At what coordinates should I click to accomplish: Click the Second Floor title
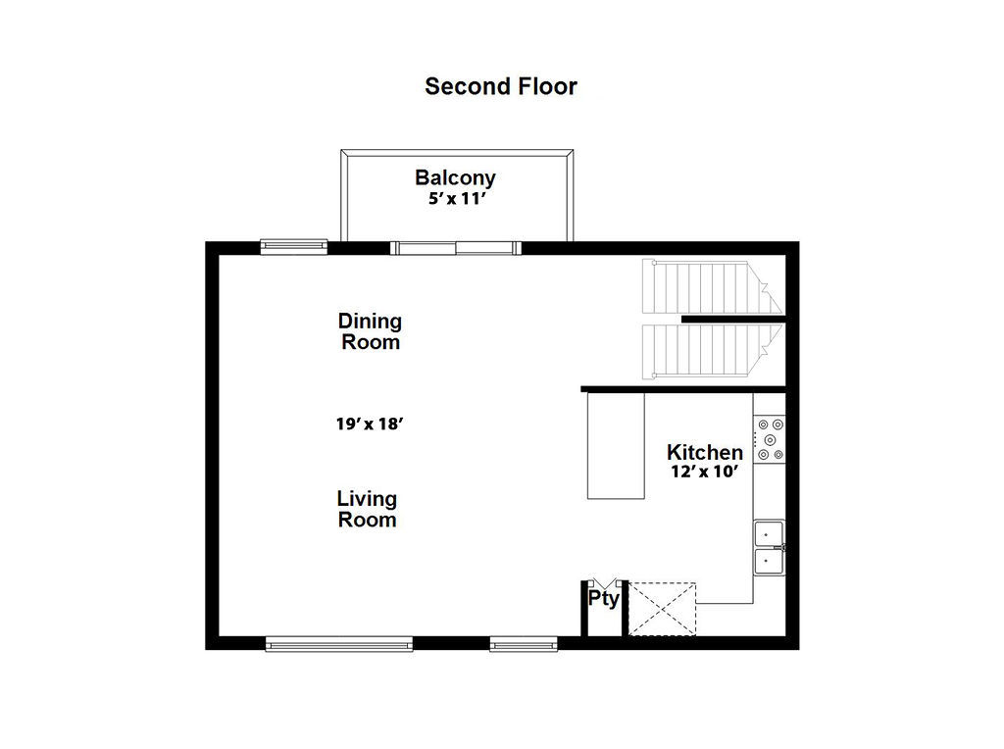[501, 86]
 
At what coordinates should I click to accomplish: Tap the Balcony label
[455, 177]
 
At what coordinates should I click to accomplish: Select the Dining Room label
[370, 331]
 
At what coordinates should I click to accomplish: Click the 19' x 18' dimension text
[370, 424]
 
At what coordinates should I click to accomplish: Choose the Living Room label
[367, 509]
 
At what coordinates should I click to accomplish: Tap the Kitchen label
[704, 452]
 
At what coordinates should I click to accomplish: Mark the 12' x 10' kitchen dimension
[705, 472]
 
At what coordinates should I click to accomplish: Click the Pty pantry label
[604, 599]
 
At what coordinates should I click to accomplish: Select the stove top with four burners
[770, 439]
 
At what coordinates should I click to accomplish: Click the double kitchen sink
[769, 548]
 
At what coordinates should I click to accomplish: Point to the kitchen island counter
[616, 445]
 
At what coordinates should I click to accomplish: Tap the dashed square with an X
[662, 609]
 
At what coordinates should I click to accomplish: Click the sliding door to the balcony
[456, 248]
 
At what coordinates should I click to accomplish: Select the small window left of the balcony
[294, 246]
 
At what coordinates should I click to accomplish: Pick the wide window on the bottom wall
[338, 644]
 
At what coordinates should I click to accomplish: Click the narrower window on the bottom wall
[524, 644]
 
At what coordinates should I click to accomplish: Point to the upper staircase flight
[712, 286]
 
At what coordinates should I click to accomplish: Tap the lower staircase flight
[712, 350]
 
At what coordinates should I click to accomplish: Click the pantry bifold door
[604, 583]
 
